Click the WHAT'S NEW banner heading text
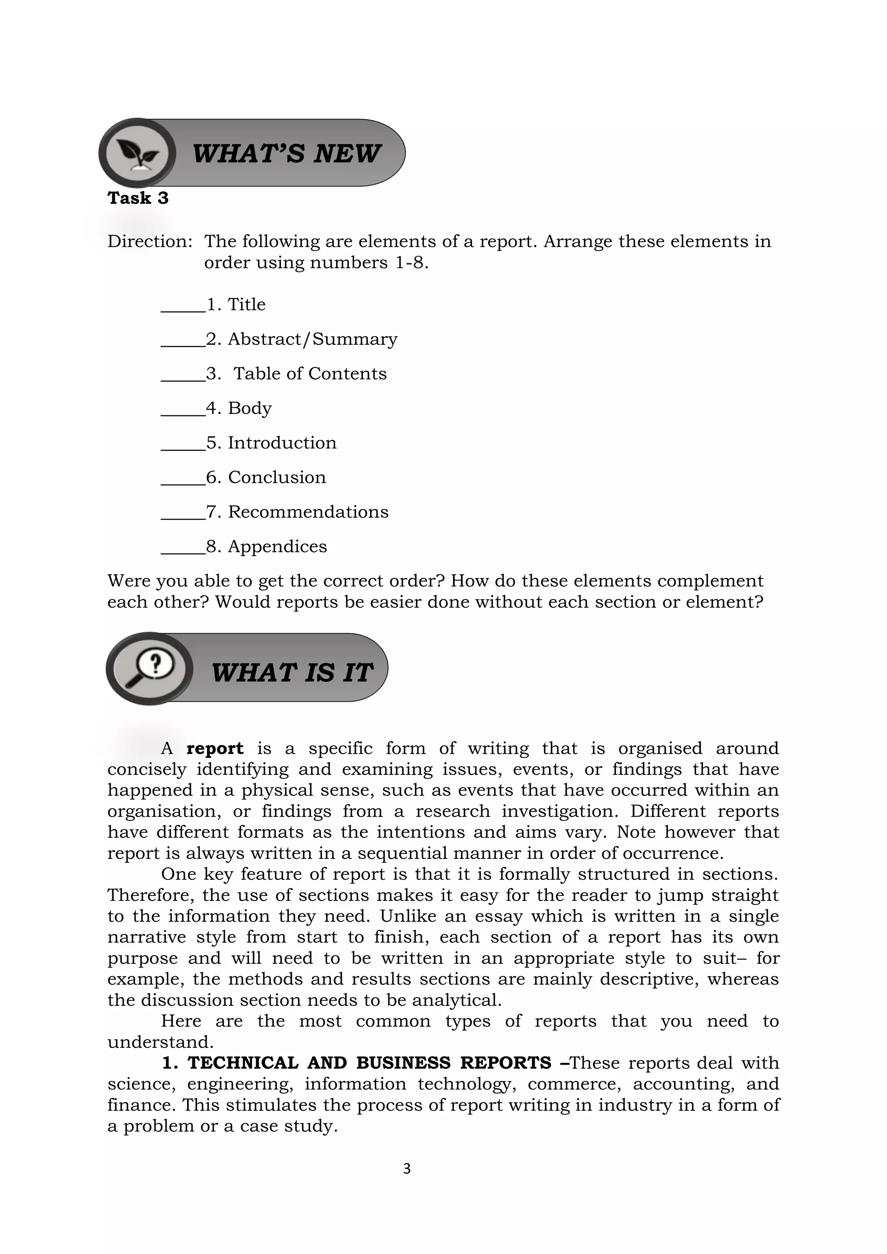point(286,153)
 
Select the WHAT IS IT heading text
point(292,672)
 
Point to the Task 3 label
point(138,198)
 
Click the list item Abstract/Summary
point(312,339)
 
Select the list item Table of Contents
point(310,373)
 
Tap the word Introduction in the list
point(282,442)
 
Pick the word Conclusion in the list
point(276,477)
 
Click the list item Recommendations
point(308,512)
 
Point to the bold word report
point(215,748)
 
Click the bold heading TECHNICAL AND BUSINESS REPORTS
point(369,1063)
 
